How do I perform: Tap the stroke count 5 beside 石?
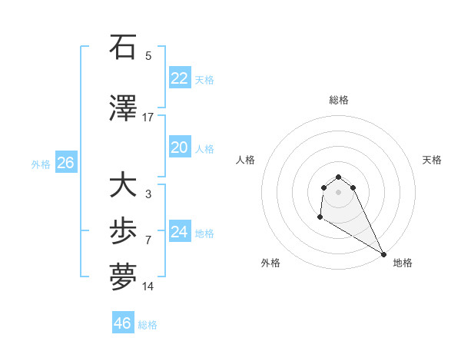click(148, 56)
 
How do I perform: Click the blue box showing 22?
click(179, 78)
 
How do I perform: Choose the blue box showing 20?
click(179, 147)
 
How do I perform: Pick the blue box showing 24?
click(179, 232)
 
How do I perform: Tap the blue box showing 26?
click(65, 163)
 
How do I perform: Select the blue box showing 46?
click(122, 323)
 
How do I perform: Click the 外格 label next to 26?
click(41, 164)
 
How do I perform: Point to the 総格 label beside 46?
click(148, 325)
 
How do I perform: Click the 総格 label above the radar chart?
click(339, 100)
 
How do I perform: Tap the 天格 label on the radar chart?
click(433, 160)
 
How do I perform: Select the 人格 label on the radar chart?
click(246, 160)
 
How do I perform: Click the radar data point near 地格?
click(383, 254)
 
